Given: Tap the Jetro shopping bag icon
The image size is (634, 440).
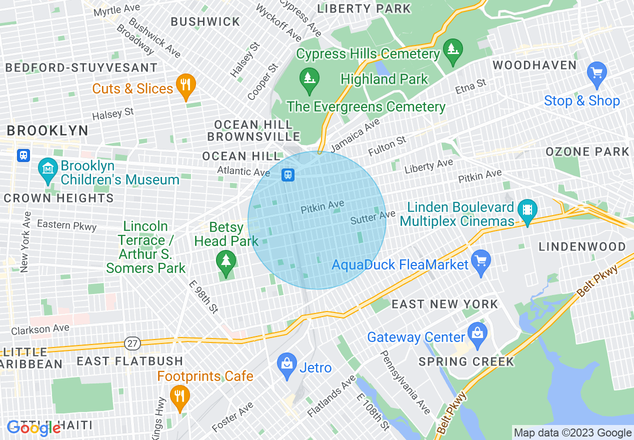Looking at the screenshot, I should tap(287, 365).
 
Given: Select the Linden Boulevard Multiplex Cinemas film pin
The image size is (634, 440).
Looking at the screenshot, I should tap(527, 210).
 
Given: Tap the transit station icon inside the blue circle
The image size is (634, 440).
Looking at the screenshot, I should tap(287, 174).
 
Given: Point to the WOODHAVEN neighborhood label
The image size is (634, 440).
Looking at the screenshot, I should tap(534, 65).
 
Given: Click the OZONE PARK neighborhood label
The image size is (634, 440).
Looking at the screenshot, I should tap(587, 151).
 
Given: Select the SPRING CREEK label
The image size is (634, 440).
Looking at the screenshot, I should tap(465, 361).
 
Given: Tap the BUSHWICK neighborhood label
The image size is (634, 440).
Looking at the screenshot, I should tap(205, 21).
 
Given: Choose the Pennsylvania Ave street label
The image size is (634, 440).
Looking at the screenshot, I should tap(405, 382).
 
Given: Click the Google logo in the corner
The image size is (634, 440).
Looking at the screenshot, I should tap(33, 428).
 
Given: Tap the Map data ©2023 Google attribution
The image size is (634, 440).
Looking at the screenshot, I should tap(573, 433).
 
